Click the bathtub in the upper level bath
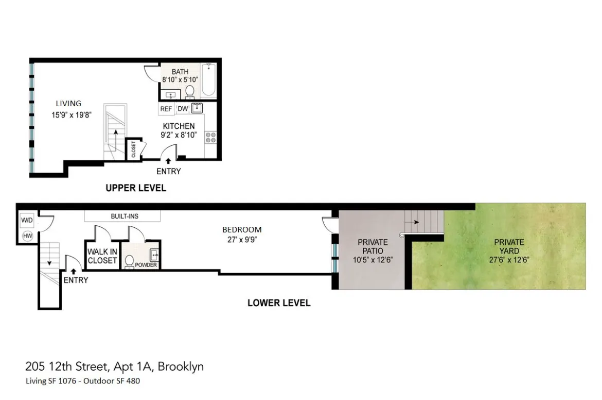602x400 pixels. point(208,80)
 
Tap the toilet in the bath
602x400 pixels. point(189,92)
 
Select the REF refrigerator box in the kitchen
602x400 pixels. point(166,109)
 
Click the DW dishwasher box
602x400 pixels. point(183,109)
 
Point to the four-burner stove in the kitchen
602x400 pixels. point(210,137)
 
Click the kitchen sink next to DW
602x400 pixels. point(197,108)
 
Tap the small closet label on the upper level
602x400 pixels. point(133,149)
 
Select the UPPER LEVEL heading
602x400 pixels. point(136,188)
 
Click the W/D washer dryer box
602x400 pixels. point(27,221)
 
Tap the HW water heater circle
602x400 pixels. point(27,236)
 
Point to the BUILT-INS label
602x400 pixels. point(125,216)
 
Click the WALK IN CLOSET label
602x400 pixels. point(102,256)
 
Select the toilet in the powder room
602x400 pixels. point(130,259)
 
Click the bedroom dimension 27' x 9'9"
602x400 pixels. point(242,239)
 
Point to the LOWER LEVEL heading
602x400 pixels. point(279,303)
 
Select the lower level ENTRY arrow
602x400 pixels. point(74,270)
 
